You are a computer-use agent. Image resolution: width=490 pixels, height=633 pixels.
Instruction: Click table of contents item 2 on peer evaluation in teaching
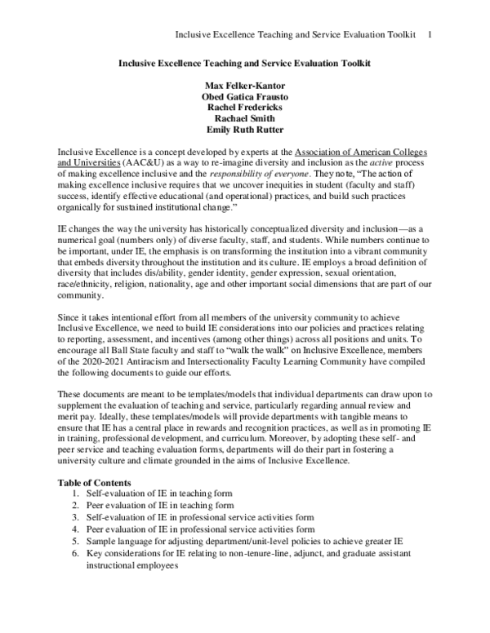[x=155, y=506]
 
